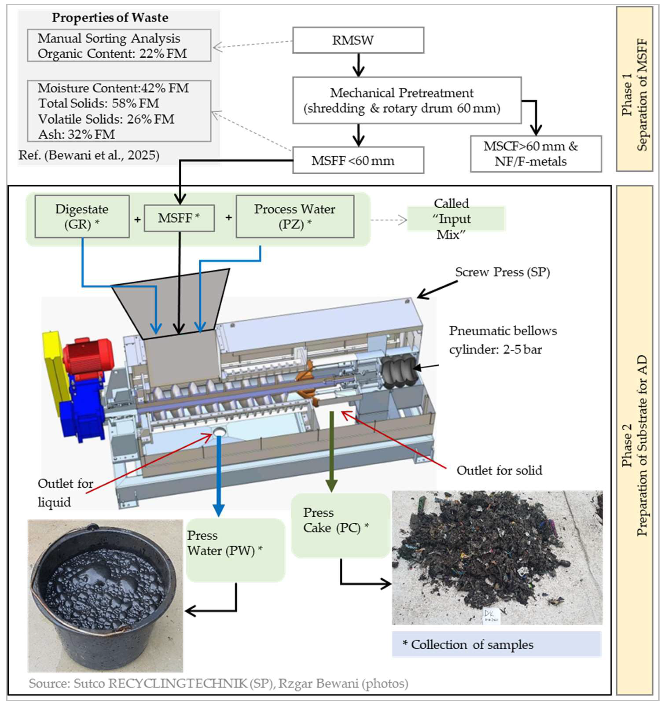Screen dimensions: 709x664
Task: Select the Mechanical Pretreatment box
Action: [x=407, y=100]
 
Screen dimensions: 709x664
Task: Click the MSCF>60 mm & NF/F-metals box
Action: [x=535, y=154]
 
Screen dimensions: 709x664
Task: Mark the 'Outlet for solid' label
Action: [x=499, y=470]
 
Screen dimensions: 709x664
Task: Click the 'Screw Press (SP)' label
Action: [x=502, y=272]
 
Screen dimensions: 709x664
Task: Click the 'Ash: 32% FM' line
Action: [x=77, y=134]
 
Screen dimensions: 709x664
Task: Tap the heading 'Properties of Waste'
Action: [x=110, y=18]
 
